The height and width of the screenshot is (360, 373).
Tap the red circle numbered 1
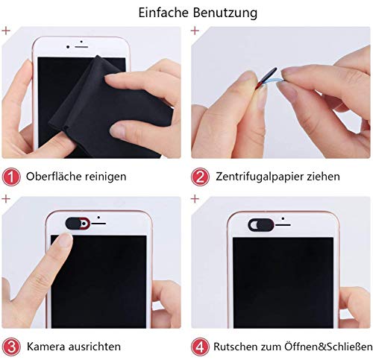(x=11, y=177)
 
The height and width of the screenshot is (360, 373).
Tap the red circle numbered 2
(x=200, y=177)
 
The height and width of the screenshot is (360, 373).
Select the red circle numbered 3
(x=11, y=347)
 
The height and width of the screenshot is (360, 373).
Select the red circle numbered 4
(x=200, y=347)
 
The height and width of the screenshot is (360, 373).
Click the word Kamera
(x=46, y=347)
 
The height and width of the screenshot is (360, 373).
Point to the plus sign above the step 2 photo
(x=195, y=31)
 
